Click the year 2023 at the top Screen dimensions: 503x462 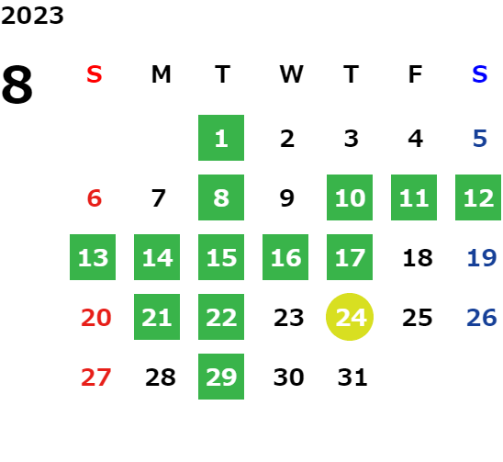(32, 16)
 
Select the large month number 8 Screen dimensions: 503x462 (17, 85)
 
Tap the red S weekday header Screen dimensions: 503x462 (95, 74)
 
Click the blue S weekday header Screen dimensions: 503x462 (479, 74)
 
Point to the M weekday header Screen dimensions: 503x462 (161, 74)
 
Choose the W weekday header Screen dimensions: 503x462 (291, 74)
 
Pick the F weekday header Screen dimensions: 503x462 (416, 74)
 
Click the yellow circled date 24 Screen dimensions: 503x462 (350, 317)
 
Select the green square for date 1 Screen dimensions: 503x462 (221, 138)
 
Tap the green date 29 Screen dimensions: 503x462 (221, 377)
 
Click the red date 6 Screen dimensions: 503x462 (95, 198)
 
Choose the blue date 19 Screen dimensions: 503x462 (482, 258)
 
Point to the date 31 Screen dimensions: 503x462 (352, 377)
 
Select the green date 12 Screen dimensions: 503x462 (478, 197)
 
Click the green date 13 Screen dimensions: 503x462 (93, 257)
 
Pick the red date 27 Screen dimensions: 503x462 (95, 377)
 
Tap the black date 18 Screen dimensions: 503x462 (418, 258)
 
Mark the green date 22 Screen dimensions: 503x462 (221, 317)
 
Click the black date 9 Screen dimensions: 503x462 (286, 198)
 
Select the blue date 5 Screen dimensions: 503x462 (480, 139)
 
